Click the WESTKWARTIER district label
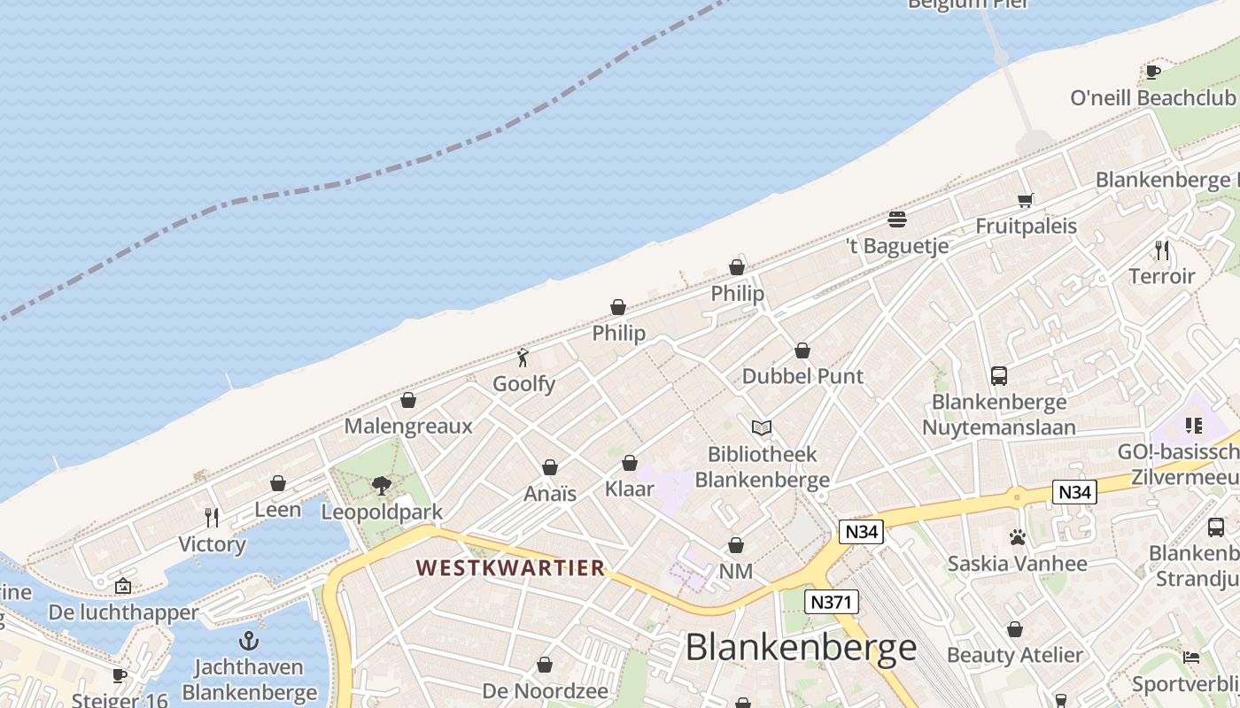[510, 567]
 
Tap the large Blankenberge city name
[801, 647]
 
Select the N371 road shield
[833, 603]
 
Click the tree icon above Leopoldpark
[382, 485]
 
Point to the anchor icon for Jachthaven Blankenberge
[249, 641]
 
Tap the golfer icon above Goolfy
[523, 358]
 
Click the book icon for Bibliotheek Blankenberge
[761, 428]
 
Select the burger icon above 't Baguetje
[897, 219]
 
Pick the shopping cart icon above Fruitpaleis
[1026, 200]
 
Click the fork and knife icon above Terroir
[1162, 250]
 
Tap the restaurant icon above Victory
[212, 518]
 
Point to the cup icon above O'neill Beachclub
[1152, 72]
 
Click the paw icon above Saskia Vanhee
[1017, 537]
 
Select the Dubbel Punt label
[802, 376]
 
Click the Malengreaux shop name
[408, 426]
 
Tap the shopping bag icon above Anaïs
[550, 467]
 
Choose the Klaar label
[629, 488]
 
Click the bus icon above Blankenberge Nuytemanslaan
[999, 376]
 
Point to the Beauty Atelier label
[1015, 655]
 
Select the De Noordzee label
[545, 690]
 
